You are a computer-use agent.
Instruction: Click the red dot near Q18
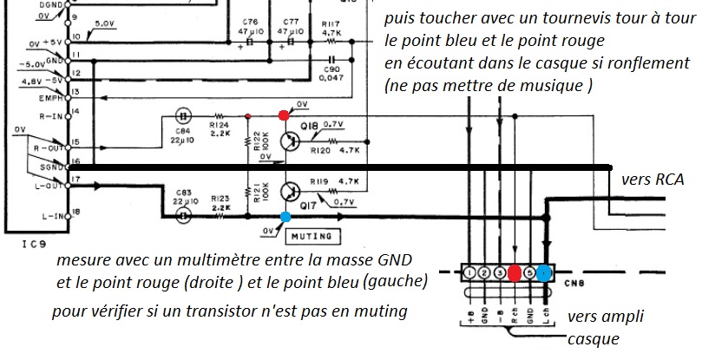tap(284, 115)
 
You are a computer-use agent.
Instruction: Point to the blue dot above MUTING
tap(285, 217)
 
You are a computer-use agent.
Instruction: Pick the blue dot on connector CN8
tap(544, 273)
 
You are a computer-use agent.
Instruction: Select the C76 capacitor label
tap(251, 22)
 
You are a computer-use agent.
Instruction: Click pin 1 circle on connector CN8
tap(469, 273)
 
